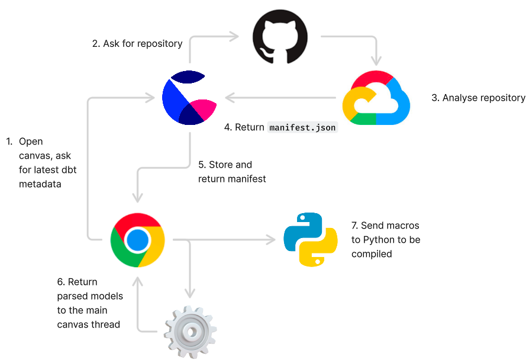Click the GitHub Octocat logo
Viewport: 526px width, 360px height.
[x=280, y=37]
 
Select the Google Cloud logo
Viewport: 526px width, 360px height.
[x=376, y=98]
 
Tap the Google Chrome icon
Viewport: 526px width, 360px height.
[x=137, y=240]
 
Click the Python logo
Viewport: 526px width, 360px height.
[x=311, y=239]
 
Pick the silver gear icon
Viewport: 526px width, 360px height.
[x=190, y=331]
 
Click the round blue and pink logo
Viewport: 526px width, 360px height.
[x=189, y=98]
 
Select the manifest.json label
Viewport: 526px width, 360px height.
[x=302, y=127]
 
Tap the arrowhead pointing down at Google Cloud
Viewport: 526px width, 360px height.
[x=376, y=60]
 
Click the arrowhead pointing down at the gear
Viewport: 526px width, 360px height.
[x=189, y=292]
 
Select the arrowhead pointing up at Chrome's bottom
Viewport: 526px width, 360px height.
[x=138, y=279]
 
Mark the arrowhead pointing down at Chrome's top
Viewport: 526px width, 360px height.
[x=137, y=197]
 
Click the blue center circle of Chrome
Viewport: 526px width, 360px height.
[x=137, y=240]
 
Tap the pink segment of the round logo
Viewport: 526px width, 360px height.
[x=204, y=108]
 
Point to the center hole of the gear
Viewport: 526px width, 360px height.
[x=190, y=332]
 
